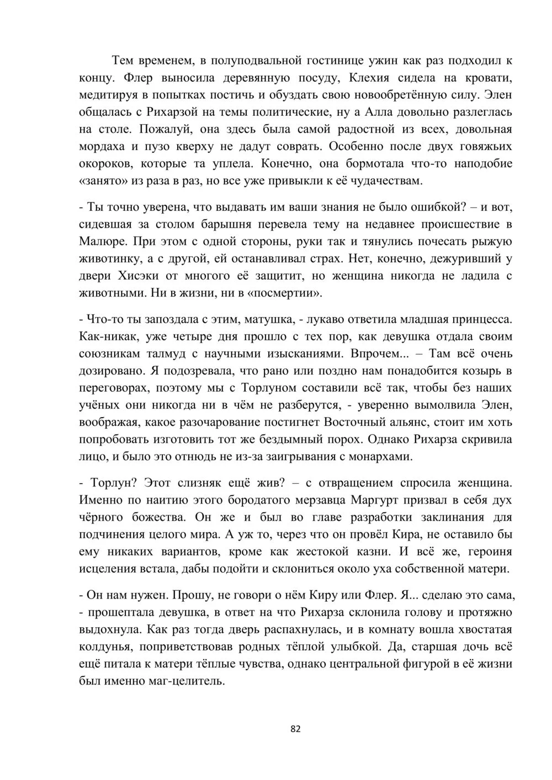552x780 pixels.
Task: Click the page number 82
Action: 295,729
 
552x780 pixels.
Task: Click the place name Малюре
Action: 100,242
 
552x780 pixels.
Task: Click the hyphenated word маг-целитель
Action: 189,681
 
